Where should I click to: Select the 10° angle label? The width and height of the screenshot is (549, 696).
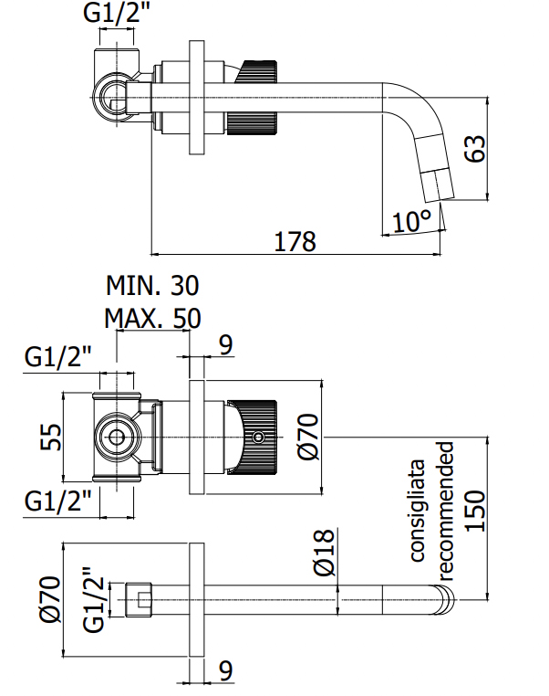click(412, 220)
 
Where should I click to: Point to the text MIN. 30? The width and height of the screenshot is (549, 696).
click(152, 287)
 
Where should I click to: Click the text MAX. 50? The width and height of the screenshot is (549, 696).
click(152, 319)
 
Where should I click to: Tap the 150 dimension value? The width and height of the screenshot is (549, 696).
click(474, 515)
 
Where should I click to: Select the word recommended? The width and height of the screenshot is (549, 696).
click(445, 511)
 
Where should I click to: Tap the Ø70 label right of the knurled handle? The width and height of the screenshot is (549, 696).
click(307, 437)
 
